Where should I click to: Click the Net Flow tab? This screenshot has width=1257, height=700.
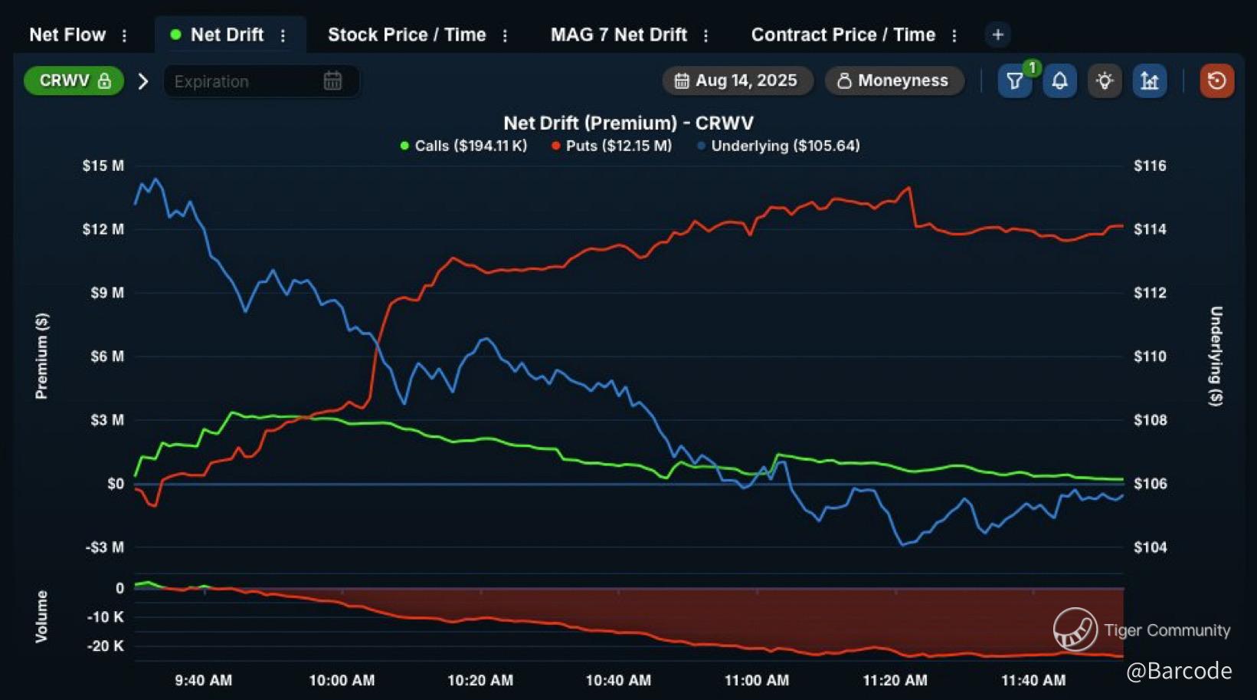(67, 35)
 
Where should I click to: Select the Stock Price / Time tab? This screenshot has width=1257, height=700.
(407, 35)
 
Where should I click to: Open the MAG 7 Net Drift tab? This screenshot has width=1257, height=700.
(618, 35)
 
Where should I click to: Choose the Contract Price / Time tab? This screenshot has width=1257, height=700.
(843, 35)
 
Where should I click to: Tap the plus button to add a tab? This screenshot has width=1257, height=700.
(997, 35)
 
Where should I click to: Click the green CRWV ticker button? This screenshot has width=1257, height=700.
(74, 81)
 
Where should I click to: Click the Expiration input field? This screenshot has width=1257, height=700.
(245, 81)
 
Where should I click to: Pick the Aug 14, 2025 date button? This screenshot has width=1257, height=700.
(737, 81)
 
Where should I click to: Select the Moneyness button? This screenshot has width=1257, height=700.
(893, 81)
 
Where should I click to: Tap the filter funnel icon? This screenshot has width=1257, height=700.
(1015, 81)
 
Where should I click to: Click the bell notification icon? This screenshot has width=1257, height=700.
(1059, 81)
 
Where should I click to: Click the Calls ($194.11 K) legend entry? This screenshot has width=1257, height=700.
(464, 146)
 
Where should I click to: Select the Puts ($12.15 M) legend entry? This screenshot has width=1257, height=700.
(612, 146)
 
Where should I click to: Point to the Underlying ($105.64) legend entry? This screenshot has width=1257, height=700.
(778, 146)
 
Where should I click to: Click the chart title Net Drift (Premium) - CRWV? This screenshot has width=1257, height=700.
(628, 123)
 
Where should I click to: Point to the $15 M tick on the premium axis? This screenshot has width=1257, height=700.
(103, 166)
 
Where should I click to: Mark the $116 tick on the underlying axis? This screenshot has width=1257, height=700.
(1150, 166)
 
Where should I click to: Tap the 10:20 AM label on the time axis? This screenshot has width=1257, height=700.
(480, 680)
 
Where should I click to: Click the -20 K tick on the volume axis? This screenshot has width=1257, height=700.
(106, 646)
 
